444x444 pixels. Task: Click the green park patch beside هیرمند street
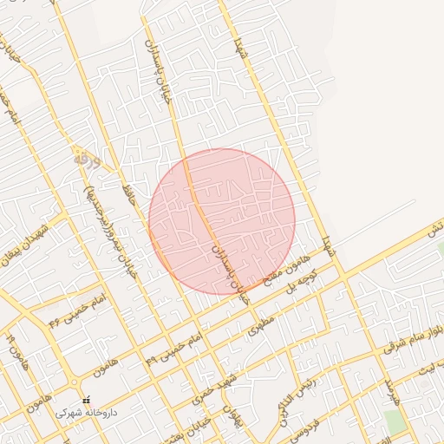pos(395,422)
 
